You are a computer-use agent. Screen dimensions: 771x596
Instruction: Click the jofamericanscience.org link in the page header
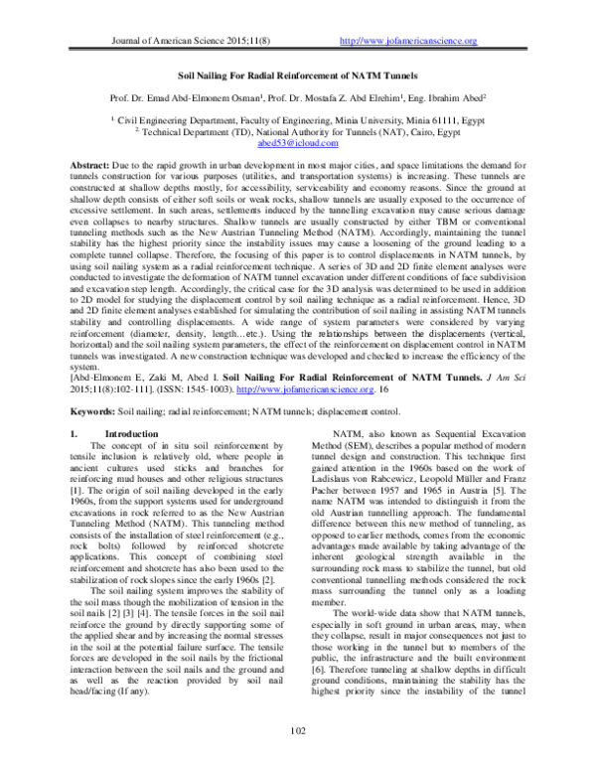(408, 41)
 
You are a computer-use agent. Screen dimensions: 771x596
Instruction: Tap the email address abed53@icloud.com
(298, 143)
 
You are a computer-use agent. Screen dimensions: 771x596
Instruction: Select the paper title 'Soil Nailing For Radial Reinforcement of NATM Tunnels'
(297, 75)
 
